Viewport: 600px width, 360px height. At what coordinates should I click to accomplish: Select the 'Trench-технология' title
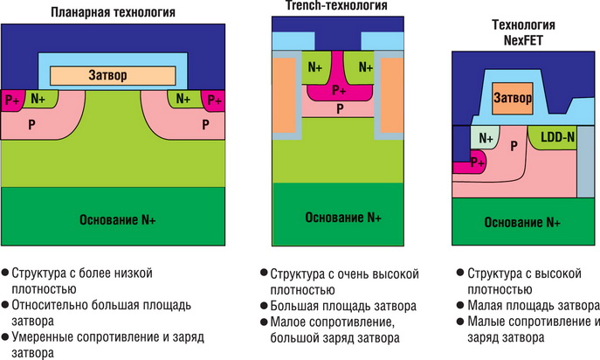click(x=336, y=6)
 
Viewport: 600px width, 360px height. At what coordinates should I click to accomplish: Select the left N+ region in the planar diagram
click(x=38, y=99)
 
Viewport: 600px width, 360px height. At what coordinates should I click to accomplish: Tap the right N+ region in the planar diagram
click(x=183, y=99)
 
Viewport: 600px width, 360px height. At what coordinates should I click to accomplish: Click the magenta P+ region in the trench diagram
click(x=337, y=90)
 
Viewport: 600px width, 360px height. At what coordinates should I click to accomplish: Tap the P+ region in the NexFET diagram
click(x=477, y=162)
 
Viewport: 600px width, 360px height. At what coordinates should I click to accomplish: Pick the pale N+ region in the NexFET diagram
click(x=486, y=137)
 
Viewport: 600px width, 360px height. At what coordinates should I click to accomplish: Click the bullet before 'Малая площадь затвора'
click(x=461, y=305)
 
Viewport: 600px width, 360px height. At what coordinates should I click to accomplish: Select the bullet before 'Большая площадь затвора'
click(x=265, y=306)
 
